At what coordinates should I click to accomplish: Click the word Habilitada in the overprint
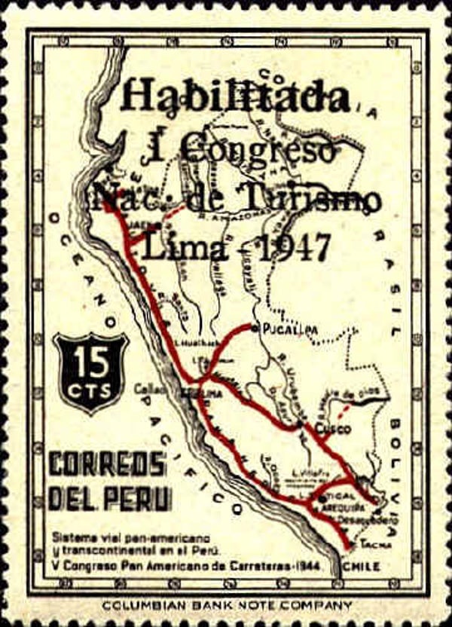coord(235,96)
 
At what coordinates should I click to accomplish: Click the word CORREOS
coord(107,465)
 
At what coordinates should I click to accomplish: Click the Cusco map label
coord(332,429)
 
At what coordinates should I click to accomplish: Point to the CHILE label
coord(360,565)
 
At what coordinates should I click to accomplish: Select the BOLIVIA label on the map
coord(410,452)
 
